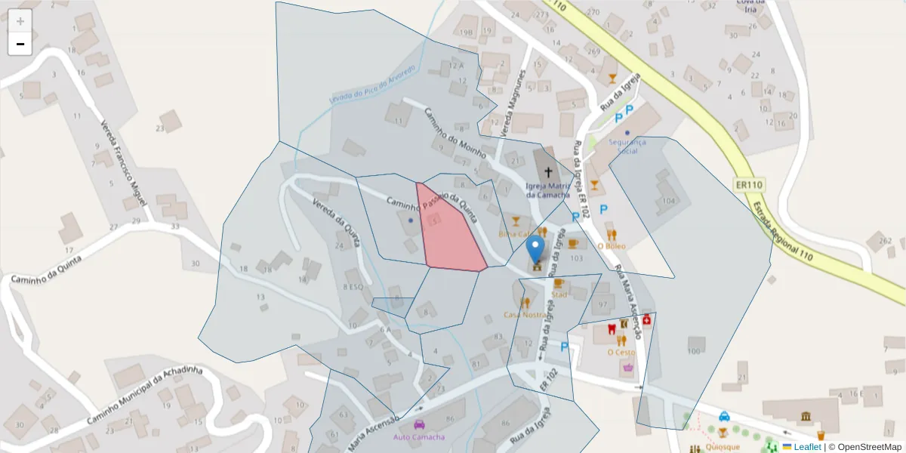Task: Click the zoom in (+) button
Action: (20, 21)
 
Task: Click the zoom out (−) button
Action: (20, 44)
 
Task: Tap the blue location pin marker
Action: (535, 248)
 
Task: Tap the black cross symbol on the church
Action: (548, 172)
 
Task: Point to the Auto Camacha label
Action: (419, 437)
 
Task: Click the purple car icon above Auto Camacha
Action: (419, 424)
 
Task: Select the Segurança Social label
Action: (627, 146)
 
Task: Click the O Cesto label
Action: (621, 353)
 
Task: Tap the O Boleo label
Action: (612, 245)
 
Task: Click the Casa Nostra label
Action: (525, 314)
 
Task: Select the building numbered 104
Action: (667, 201)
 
